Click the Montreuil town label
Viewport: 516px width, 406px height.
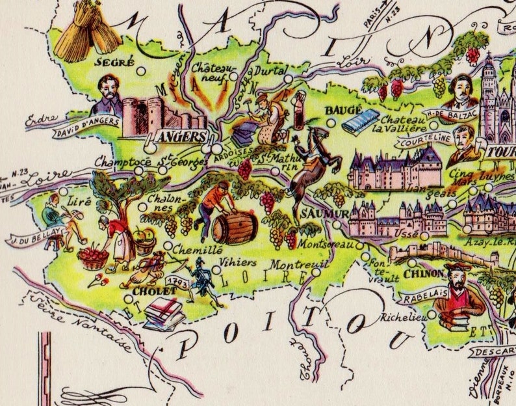point(290,266)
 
